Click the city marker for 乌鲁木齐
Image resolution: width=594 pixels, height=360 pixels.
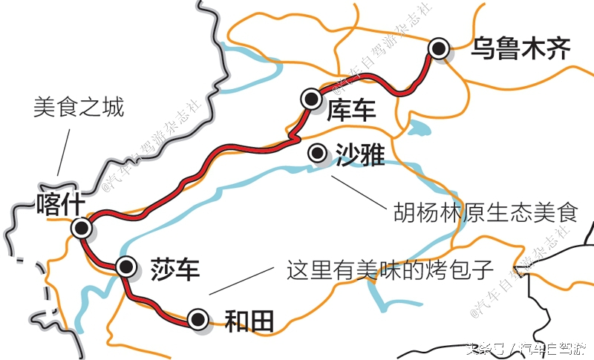pyautogui.click(x=440, y=49)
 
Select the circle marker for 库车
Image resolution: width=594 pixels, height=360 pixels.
pyautogui.click(x=310, y=98)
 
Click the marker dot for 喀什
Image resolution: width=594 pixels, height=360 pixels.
pyautogui.click(x=81, y=227)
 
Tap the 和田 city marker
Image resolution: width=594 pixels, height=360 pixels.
pyautogui.click(x=198, y=319)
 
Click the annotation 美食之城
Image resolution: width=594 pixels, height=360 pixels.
pyautogui.click(x=78, y=108)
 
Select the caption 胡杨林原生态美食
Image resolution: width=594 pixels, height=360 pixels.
pyautogui.click(x=485, y=214)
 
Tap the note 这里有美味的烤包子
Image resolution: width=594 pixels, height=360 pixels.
pyautogui.click(x=391, y=269)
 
